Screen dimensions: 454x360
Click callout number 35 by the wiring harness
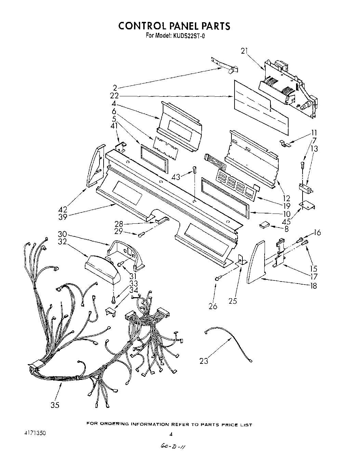click(x=55, y=405)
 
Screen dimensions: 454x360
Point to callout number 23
click(x=204, y=361)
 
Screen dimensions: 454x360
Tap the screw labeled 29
click(x=141, y=234)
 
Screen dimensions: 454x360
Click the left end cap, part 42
click(x=95, y=165)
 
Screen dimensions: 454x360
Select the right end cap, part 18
click(x=256, y=262)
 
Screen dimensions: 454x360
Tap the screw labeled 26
click(x=217, y=279)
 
